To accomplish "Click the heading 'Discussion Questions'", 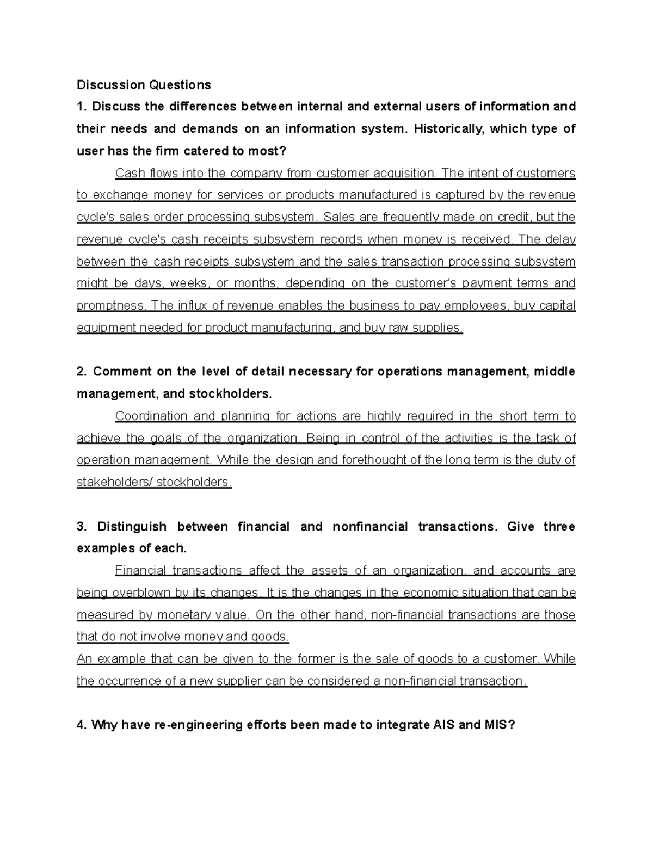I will pos(144,85).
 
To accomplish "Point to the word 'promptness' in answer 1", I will pos(111,306).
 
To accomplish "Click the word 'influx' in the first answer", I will pos(192,306).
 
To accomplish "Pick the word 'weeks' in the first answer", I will pos(190,283).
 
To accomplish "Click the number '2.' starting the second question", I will pos(82,372).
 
